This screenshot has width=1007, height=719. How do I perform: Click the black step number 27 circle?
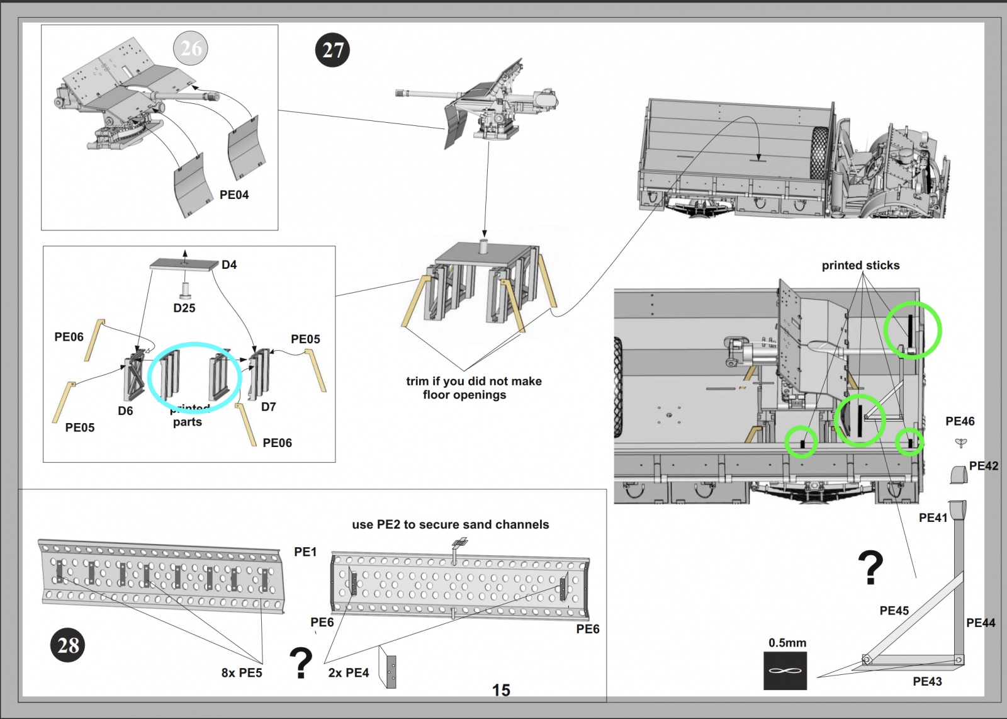click(332, 50)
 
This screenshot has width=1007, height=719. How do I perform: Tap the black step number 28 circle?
click(68, 645)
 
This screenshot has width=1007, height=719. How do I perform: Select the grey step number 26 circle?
click(191, 48)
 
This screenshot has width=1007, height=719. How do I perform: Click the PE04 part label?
click(233, 195)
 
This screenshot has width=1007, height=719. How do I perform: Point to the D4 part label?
click(229, 265)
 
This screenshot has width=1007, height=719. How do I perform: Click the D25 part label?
click(184, 308)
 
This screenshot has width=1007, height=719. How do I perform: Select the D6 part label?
click(125, 410)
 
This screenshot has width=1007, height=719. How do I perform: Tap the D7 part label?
click(269, 407)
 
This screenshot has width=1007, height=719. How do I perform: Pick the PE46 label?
click(960, 421)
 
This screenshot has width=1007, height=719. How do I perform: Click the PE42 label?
click(984, 466)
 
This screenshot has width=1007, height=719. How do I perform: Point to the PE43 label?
click(927, 681)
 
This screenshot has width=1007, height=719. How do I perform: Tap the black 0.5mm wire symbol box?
click(785, 671)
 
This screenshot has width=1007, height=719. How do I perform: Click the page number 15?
click(501, 690)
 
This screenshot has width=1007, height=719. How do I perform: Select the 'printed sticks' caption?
click(860, 266)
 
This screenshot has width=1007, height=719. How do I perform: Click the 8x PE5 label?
click(242, 672)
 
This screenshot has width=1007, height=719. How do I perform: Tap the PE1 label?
click(305, 552)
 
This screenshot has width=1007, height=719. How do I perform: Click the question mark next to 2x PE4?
click(301, 662)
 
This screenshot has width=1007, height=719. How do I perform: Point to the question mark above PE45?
click(870, 567)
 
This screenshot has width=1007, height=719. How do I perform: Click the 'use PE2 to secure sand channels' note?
click(450, 524)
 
